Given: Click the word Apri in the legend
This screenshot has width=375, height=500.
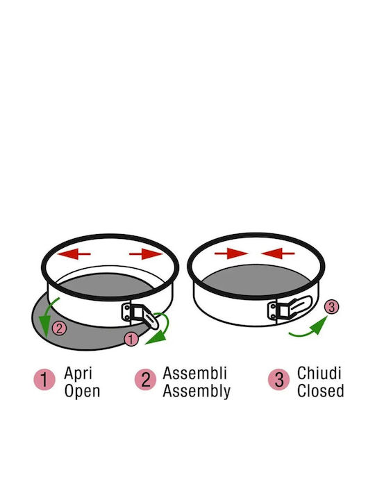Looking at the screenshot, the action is coord(78,374).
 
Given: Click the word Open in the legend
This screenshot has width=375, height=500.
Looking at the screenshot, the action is coord(82,391).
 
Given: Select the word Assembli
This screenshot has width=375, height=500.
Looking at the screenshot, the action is coord(195,373).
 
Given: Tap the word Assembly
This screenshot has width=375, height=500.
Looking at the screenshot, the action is coord(197,392).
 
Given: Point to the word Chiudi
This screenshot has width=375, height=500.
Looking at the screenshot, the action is coord(319,373).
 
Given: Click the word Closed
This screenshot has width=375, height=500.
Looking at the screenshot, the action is coord(320,391).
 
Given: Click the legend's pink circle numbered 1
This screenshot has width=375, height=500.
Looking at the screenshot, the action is coord(44,379).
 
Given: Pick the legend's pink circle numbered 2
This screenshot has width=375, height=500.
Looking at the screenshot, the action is coord(145,379).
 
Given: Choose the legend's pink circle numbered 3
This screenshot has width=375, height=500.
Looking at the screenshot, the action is coord(278,379).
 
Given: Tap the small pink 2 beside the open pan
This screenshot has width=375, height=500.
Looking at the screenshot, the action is coord(59,328).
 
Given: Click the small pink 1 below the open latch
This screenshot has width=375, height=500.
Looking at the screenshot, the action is coord(131,340).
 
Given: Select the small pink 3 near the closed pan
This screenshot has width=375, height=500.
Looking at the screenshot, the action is coord(332,307).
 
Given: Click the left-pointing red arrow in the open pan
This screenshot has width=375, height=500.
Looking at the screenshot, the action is coord(74,254).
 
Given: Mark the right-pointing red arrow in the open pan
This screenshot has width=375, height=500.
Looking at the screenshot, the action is coord(146,254).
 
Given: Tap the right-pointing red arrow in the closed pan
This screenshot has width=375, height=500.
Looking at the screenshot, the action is coord(231,254).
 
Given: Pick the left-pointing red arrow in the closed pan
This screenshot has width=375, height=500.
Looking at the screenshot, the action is coord(278,254).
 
